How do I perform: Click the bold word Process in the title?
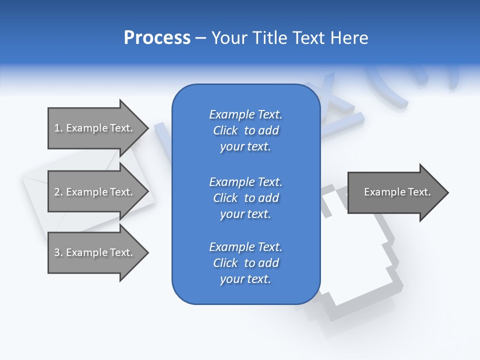pos(157,38)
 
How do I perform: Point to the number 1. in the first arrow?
pos(58,128)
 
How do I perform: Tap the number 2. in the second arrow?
pos(58,192)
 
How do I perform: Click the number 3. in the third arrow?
pos(58,252)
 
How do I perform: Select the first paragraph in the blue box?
pos(245,130)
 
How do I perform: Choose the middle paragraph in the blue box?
pos(245,198)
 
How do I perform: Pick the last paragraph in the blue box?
pos(245,263)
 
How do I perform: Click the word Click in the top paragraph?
pos(225,131)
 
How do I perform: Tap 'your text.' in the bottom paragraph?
pos(245,279)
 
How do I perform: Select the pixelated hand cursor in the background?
pos(360,260)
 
